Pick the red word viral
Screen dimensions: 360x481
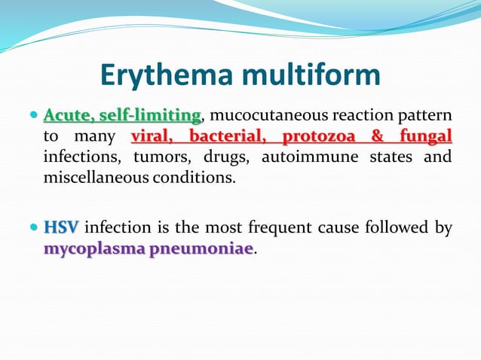click(155, 137)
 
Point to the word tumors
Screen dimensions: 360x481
click(155, 157)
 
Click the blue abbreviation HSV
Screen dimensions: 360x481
click(60, 227)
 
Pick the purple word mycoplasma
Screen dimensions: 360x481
click(93, 249)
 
